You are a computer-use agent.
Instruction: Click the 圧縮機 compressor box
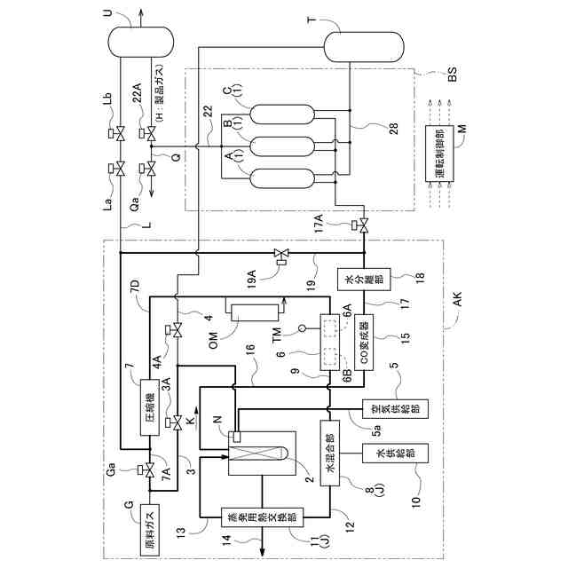click(x=151, y=411)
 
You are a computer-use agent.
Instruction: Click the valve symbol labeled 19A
click(x=281, y=256)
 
